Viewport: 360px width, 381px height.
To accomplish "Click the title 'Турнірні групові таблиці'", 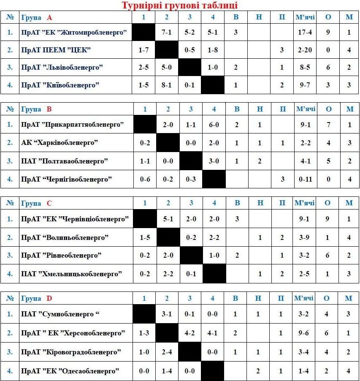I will pyautogui.click(x=180, y=5).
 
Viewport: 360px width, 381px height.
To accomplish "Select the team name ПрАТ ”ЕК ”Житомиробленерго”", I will pyautogui.click(x=74, y=33).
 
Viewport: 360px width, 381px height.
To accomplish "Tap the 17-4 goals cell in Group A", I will pyautogui.click(x=305, y=33).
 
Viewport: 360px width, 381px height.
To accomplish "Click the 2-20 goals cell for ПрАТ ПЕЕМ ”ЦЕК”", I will pyautogui.click(x=305, y=50).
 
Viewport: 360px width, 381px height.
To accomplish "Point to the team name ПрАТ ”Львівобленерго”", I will pyautogui.click(x=62, y=68).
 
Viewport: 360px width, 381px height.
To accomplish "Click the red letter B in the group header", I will pyautogui.click(x=49, y=109).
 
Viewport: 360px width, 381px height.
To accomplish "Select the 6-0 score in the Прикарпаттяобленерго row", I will pyautogui.click(x=214, y=125).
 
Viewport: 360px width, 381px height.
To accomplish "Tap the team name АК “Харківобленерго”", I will pyautogui.click(x=60, y=143).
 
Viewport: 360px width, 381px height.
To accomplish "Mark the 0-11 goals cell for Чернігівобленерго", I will pyautogui.click(x=305, y=180).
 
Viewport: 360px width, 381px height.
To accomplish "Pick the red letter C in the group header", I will pyautogui.click(x=49, y=203).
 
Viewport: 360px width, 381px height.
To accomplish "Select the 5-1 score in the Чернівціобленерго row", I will pyautogui.click(x=168, y=219).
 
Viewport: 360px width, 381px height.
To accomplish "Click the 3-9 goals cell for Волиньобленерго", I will pyautogui.click(x=305, y=238).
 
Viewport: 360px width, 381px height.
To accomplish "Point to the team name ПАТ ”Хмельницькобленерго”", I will pyautogui.click(x=72, y=274).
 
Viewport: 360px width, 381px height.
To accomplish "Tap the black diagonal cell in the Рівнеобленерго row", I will pyautogui.click(x=191, y=256).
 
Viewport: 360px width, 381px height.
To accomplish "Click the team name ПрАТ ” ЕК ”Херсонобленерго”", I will pyautogui.click(x=73, y=333).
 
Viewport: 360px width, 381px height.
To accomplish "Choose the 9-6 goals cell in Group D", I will pyautogui.click(x=303, y=333).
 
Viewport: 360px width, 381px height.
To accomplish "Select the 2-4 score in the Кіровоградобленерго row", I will pyautogui.click(x=167, y=352).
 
